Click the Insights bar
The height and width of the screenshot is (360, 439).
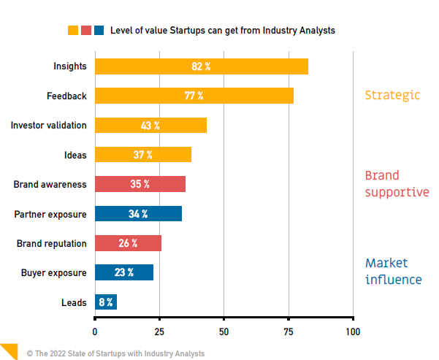(x=202, y=66)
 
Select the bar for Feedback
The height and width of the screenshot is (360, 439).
(x=194, y=96)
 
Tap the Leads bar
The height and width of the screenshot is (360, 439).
(x=106, y=302)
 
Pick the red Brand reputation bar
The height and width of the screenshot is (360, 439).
(x=129, y=243)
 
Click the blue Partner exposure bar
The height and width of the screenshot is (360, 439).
(x=139, y=214)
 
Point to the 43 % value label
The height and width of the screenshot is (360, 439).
(x=150, y=126)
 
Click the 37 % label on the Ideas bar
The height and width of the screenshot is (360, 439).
(x=143, y=155)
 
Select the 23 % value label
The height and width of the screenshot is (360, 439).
(x=124, y=273)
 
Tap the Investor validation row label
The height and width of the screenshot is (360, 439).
(x=48, y=126)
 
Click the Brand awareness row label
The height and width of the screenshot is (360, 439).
(x=50, y=185)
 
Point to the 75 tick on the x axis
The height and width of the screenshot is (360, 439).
(x=289, y=332)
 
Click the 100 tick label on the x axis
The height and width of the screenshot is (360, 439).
(x=353, y=332)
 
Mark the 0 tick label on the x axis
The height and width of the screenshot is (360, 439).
(x=95, y=332)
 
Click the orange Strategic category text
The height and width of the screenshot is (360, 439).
(x=393, y=95)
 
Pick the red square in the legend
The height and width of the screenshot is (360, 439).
(x=86, y=31)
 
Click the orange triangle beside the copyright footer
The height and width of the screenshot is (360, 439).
(x=7, y=350)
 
